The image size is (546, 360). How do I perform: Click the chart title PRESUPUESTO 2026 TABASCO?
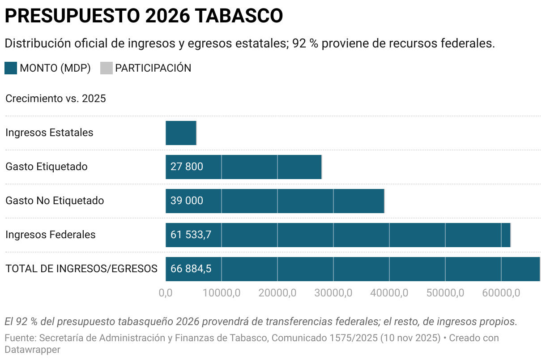coord(144,16)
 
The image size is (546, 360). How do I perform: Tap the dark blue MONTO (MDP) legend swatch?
coord(11,68)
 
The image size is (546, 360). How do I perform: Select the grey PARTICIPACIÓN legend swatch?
coord(106,68)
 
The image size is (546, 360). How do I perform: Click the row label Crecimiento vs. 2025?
coord(55,99)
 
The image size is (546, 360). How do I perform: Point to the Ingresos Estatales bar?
coord(181,133)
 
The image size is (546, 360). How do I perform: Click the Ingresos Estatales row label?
coord(49,133)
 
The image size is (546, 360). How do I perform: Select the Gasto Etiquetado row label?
coord(47,167)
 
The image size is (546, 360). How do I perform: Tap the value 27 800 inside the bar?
coord(187,167)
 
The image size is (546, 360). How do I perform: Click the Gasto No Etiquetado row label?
coord(55,201)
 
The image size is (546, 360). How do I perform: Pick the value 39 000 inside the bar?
coord(187,201)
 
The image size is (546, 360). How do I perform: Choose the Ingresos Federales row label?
coord(51,235)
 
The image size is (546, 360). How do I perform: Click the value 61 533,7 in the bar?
coord(191,235)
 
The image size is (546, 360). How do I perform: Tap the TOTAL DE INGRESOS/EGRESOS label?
coord(81,269)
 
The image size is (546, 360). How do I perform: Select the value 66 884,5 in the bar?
coord(191,269)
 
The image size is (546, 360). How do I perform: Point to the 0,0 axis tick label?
coord(166,293)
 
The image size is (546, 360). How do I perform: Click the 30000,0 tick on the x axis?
coord(333,293)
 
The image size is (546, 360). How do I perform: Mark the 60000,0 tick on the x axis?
coord(501,293)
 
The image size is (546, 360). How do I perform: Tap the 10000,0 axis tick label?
coord(222,293)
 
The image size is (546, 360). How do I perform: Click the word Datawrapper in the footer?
coord(32,350)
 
